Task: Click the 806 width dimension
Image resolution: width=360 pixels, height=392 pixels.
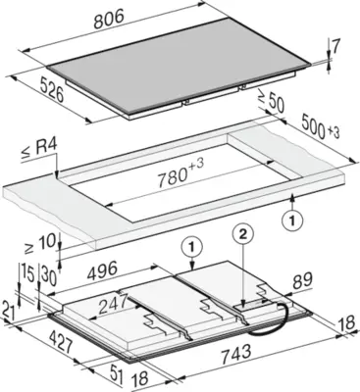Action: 109,20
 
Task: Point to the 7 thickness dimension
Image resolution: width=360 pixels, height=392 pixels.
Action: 334,48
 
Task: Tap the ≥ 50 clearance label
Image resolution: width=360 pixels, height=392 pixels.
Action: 272,102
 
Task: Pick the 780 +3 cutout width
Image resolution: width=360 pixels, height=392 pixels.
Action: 180,173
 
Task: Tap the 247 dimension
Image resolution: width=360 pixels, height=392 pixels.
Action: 112,304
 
